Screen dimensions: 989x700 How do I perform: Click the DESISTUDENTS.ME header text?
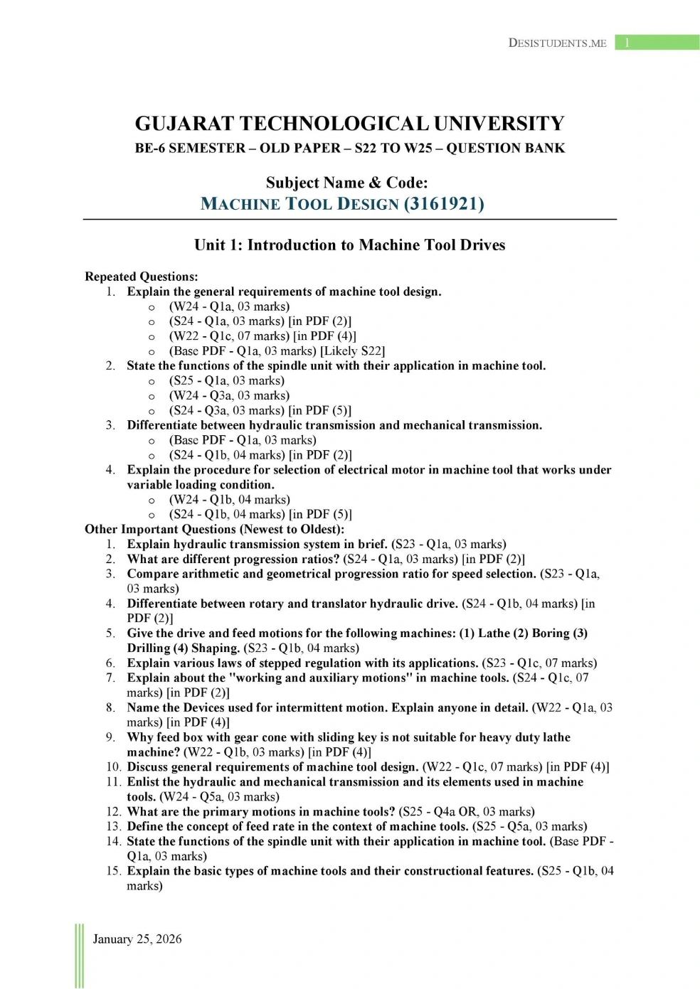tap(557, 43)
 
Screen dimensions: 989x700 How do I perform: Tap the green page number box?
tap(657, 43)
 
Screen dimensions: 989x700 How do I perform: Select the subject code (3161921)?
tap(444, 204)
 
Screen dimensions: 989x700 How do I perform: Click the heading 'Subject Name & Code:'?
tap(346, 183)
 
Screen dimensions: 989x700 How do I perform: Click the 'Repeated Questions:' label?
tap(141, 277)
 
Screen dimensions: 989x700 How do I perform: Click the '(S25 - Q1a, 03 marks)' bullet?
tap(226, 380)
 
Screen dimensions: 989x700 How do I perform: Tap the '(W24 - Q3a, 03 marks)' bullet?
tap(229, 395)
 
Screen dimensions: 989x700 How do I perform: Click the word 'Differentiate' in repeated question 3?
tap(163, 425)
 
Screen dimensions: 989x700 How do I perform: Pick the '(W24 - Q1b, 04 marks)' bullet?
tap(229, 500)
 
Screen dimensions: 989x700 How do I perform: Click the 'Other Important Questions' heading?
tap(214, 529)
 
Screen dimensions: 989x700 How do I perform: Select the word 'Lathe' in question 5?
tap(494, 634)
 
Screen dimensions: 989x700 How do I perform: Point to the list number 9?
tap(110, 737)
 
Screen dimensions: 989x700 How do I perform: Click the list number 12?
tap(113, 812)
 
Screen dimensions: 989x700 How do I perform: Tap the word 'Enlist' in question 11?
tap(143, 782)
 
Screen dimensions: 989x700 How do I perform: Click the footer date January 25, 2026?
tap(137, 939)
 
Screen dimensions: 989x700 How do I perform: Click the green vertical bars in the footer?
tap(79, 956)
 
